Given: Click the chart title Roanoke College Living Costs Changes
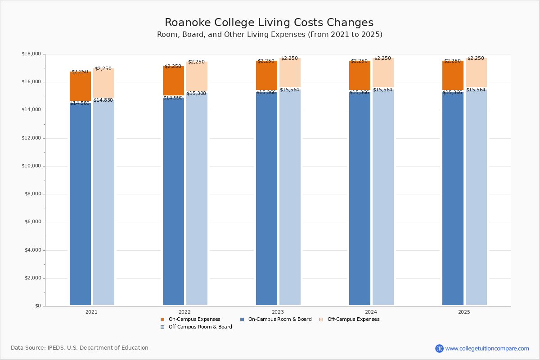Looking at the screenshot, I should click(x=269, y=23).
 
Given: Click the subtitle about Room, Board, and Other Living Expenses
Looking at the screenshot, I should click(x=270, y=35).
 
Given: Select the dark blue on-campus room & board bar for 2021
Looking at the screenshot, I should click(x=80, y=202).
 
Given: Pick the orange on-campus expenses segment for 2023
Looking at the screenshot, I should click(x=266, y=76).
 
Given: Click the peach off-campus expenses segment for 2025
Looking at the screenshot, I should click(x=476, y=73).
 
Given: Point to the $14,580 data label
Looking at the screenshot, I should click(x=80, y=103).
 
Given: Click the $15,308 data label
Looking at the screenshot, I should click(x=196, y=94).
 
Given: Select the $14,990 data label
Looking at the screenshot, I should click(x=173, y=98).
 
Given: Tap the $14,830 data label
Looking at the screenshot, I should click(x=103, y=100).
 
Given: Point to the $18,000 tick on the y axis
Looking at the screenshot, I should click(x=31, y=54).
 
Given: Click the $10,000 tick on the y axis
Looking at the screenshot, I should click(x=31, y=166).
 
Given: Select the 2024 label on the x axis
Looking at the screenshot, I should click(x=371, y=312).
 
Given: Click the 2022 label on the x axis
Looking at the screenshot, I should click(x=184, y=312).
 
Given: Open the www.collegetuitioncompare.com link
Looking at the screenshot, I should click(x=487, y=348).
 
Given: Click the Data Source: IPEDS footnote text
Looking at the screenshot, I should click(x=80, y=348).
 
